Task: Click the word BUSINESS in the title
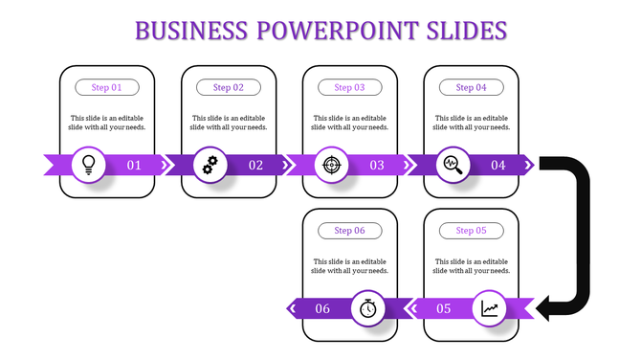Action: (x=192, y=31)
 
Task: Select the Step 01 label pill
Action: (x=107, y=87)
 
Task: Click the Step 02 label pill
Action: (x=229, y=87)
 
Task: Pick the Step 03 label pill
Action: (x=350, y=87)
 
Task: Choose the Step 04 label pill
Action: (x=471, y=87)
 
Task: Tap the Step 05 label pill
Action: (x=471, y=231)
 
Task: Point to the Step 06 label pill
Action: (x=350, y=231)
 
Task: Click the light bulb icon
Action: (x=89, y=165)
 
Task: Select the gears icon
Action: (x=210, y=165)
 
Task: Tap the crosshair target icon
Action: (x=332, y=165)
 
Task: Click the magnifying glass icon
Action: (x=453, y=165)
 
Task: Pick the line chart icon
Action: (x=491, y=308)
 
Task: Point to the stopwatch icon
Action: (x=369, y=308)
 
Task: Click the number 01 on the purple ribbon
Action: (x=134, y=165)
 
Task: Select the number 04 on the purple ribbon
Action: (x=497, y=165)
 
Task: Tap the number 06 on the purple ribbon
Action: (x=322, y=308)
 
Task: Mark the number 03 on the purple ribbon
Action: (x=377, y=165)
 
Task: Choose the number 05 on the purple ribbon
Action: (x=444, y=308)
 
